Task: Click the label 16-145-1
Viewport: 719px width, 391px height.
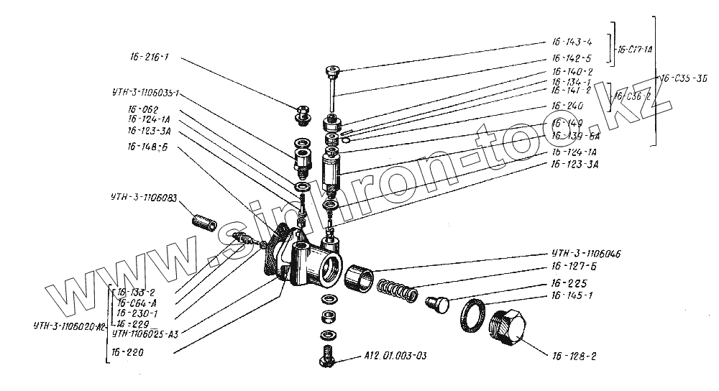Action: coord(572,295)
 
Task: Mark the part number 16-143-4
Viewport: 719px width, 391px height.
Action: coord(572,42)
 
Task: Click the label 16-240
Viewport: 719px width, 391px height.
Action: coord(567,106)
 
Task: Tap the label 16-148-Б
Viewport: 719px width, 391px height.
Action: coord(147,146)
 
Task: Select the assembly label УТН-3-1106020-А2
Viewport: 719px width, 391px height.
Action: coord(70,326)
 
